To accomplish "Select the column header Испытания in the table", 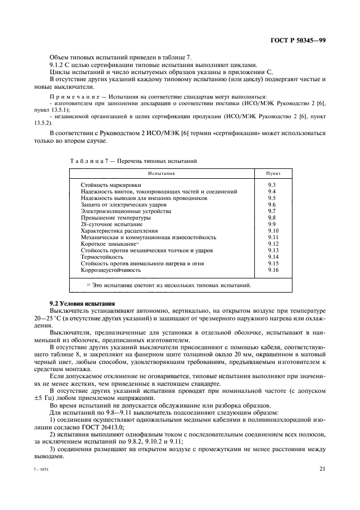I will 161,173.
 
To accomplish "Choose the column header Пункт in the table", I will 273,173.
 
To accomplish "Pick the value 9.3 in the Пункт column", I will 272,185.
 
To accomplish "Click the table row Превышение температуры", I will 108,218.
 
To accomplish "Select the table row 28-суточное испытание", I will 104,224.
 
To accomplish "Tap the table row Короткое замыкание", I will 108,244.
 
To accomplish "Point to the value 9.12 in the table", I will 273,244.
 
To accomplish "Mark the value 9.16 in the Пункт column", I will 273,270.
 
